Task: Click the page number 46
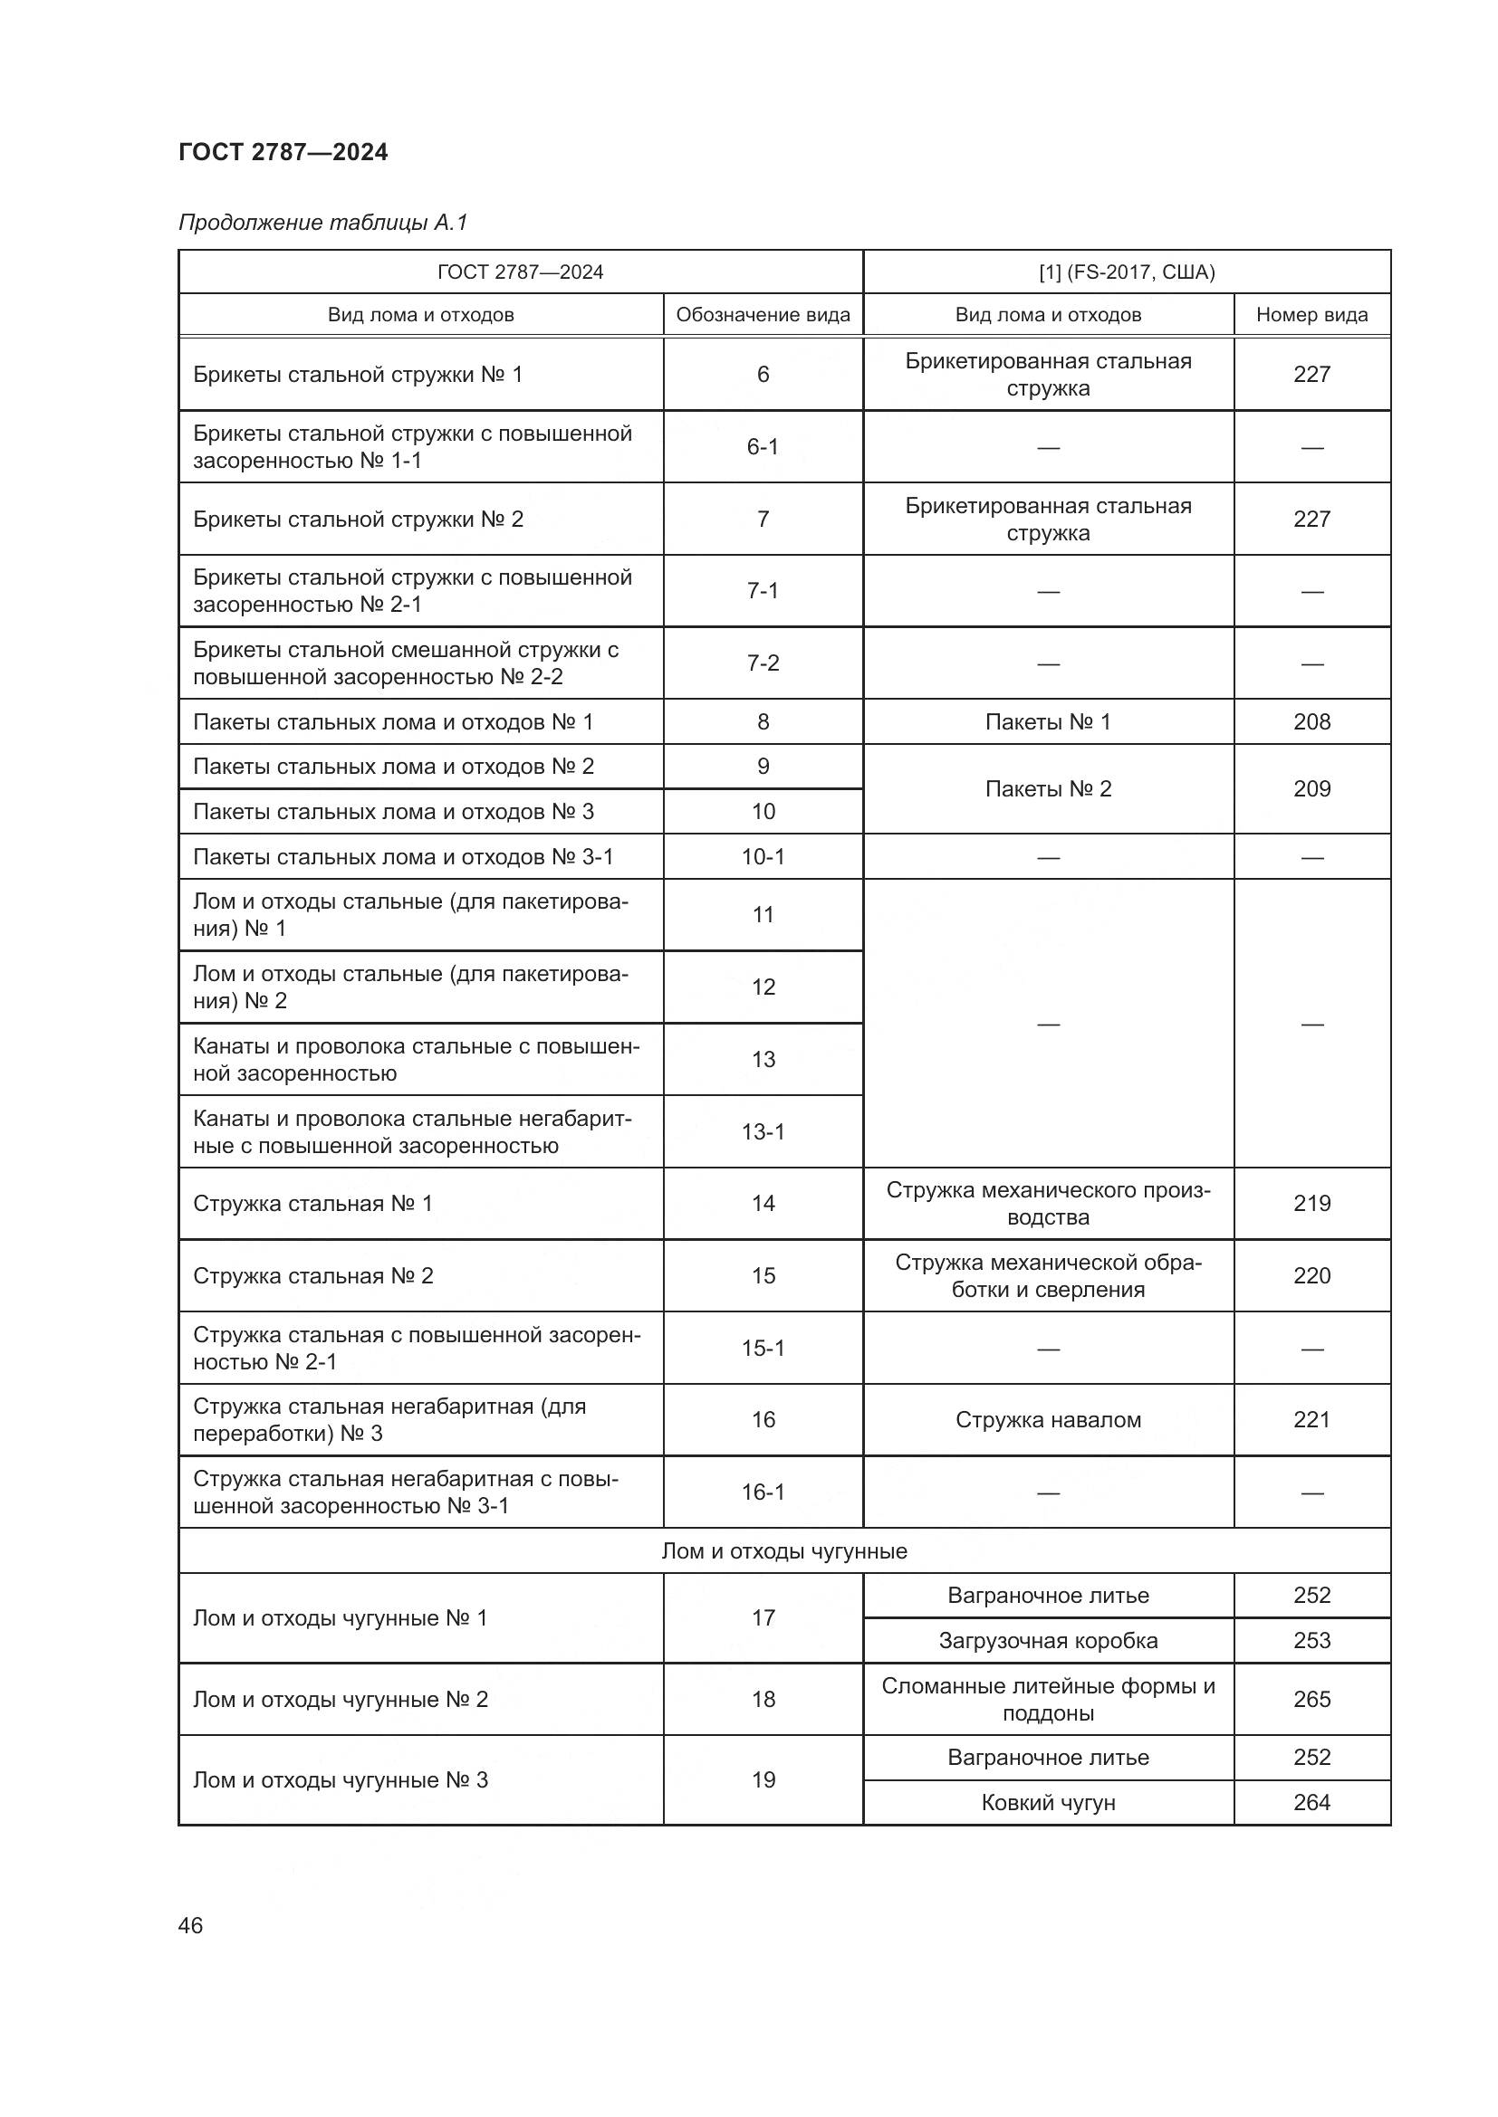[x=190, y=1925]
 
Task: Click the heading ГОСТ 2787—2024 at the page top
[x=283, y=152]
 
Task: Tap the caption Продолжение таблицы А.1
[x=322, y=223]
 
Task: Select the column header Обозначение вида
[x=762, y=314]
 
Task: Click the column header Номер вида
[x=1311, y=314]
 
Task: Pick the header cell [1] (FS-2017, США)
[x=1127, y=272]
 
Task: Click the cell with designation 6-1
[x=762, y=446]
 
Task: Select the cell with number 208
[x=1311, y=722]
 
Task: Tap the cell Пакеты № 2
[x=1048, y=788]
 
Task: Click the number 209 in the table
[x=1311, y=788]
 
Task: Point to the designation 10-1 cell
[x=762, y=856]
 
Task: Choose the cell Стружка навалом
[x=1048, y=1420]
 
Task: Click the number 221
[x=1311, y=1420]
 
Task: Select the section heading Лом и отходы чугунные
[x=784, y=1551]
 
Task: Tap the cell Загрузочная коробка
[x=1048, y=1640]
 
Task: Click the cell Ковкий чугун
[x=1048, y=1803]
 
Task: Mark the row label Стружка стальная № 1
[x=312, y=1203]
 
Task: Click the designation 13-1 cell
[x=762, y=1131]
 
